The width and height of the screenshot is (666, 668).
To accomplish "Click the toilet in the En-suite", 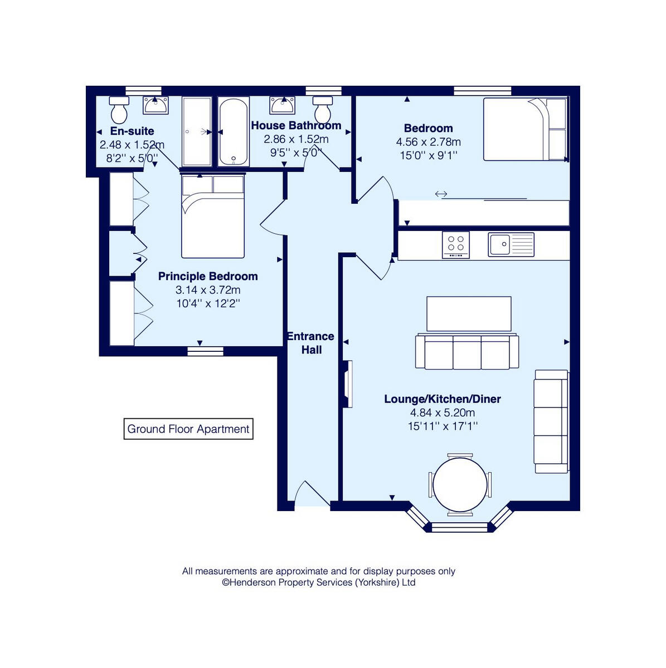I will pos(119,110).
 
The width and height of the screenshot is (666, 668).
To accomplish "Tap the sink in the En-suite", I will pos(155,105).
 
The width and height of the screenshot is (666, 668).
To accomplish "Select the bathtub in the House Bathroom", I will pos(233,132).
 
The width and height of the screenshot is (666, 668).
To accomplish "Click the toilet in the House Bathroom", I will pos(322,110).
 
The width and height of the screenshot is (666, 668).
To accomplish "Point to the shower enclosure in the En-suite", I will pos(197,132).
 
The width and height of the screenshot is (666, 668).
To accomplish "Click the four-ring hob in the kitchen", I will pos(456,244).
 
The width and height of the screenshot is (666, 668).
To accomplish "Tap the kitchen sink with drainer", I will pos(511,244).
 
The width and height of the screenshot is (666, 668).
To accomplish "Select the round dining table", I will pos(460,484).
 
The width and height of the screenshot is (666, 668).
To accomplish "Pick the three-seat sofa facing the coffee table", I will pos(467,352).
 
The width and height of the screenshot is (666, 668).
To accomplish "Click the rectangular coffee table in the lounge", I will pos(469,314).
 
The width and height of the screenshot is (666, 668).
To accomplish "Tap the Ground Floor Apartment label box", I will pos(188,429).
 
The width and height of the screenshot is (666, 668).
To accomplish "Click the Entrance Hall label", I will pos(311,343).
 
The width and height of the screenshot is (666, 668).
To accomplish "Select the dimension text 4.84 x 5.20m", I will pos(443,412).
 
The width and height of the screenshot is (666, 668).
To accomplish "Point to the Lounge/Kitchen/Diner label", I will pos(443,399).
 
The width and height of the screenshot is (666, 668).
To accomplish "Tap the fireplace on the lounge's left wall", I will pos(348,384).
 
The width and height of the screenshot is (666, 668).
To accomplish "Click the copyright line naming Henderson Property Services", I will pos(319,582).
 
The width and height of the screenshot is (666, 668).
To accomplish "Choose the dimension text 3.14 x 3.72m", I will pos(208,290).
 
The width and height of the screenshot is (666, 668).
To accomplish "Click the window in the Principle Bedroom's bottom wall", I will pos(205,351).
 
